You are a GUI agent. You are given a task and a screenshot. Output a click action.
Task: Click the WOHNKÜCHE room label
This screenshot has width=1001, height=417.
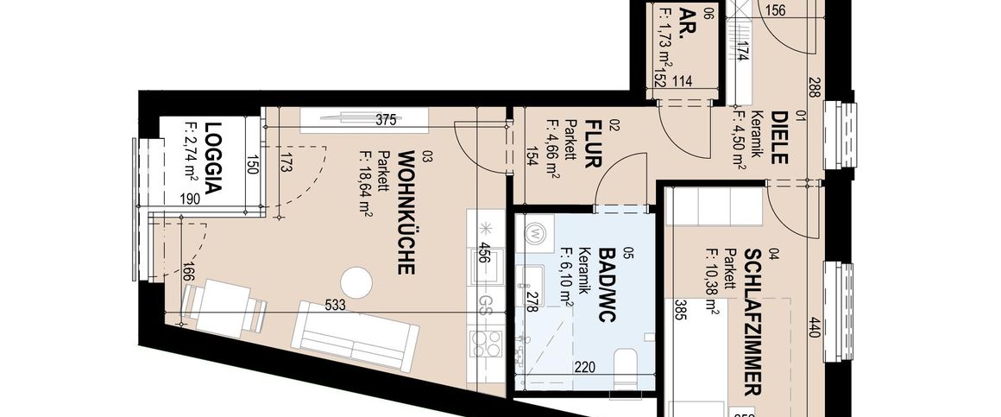tap(406, 212)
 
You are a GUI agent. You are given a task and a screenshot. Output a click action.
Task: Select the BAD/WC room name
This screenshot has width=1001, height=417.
tap(607, 285)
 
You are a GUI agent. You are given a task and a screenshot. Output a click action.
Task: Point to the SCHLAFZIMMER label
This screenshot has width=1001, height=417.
tap(752, 322)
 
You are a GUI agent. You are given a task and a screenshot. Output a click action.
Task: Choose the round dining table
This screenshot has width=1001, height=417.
tap(355, 282)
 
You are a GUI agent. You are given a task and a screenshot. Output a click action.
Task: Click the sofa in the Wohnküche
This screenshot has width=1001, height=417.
tap(356, 335)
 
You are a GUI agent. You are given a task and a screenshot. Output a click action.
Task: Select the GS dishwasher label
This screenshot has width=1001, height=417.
tap(486, 304)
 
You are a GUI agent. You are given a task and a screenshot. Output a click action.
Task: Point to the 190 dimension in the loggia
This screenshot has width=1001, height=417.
tap(190, 199)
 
